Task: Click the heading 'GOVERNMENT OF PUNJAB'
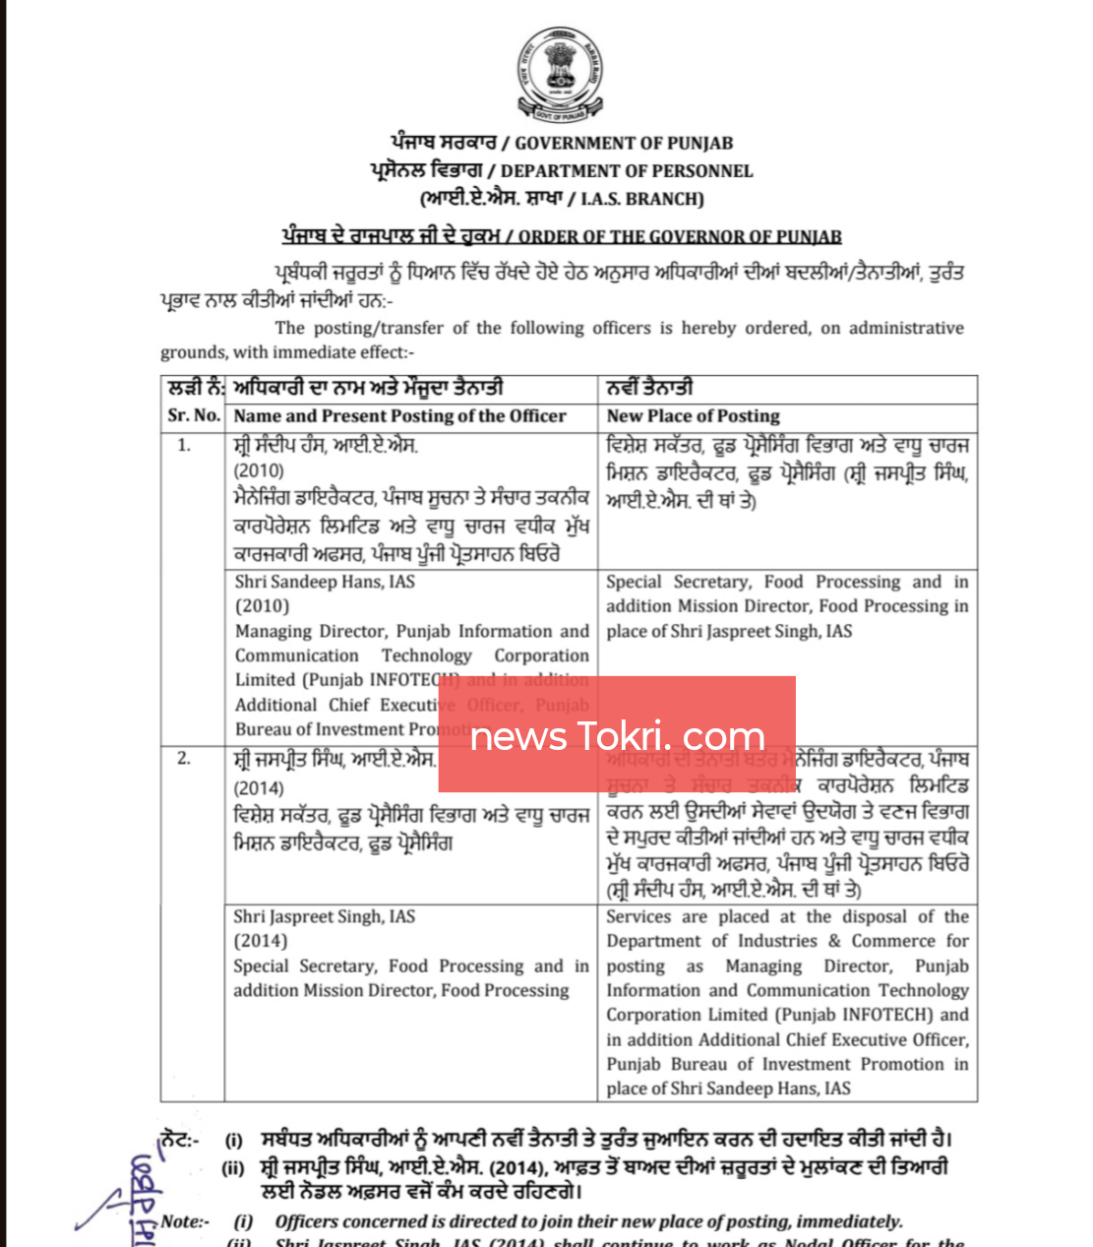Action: [624, 144]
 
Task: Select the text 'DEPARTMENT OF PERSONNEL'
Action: [626, 171]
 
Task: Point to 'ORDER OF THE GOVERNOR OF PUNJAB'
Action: [680, 236]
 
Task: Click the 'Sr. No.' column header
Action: [193, 415]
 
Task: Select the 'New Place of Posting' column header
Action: [693, 415]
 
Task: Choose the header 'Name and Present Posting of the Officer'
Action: [399, 415]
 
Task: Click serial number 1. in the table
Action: [184, 445]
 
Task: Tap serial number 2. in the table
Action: [184, 759]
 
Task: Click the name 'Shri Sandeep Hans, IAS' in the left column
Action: [325, 582]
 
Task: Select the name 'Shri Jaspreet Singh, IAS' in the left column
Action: [324, 916]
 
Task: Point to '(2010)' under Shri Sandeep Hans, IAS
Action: [262, 606]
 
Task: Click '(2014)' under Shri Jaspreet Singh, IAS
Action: [260, 941]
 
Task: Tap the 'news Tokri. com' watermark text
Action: [617, 735]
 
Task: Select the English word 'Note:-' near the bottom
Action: [185, 1221]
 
